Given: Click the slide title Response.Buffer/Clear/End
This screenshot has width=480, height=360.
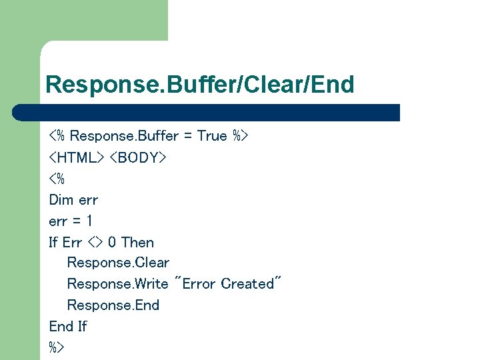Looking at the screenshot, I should (x=200, y=85).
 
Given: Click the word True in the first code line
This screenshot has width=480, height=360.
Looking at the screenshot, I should (x=212, y=136).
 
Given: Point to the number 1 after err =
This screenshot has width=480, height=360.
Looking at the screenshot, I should (x=89, y=221).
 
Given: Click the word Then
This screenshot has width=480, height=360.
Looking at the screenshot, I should (x=138, y=242).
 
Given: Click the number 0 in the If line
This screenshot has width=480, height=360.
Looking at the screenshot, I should (x=112, y=242).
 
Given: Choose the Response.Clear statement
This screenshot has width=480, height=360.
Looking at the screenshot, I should (x=118, y=263).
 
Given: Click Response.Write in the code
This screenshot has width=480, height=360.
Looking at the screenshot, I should (x=117, y=284).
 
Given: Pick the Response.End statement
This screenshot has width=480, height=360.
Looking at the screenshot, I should (x=113, y=305).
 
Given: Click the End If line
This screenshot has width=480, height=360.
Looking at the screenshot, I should (x=68, y=327).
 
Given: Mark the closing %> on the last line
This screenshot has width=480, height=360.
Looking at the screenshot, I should (x=56, y=347).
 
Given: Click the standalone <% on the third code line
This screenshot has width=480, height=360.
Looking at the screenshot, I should (x=56, y=179).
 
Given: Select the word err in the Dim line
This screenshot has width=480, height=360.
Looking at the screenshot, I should (x=88, y=199).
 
